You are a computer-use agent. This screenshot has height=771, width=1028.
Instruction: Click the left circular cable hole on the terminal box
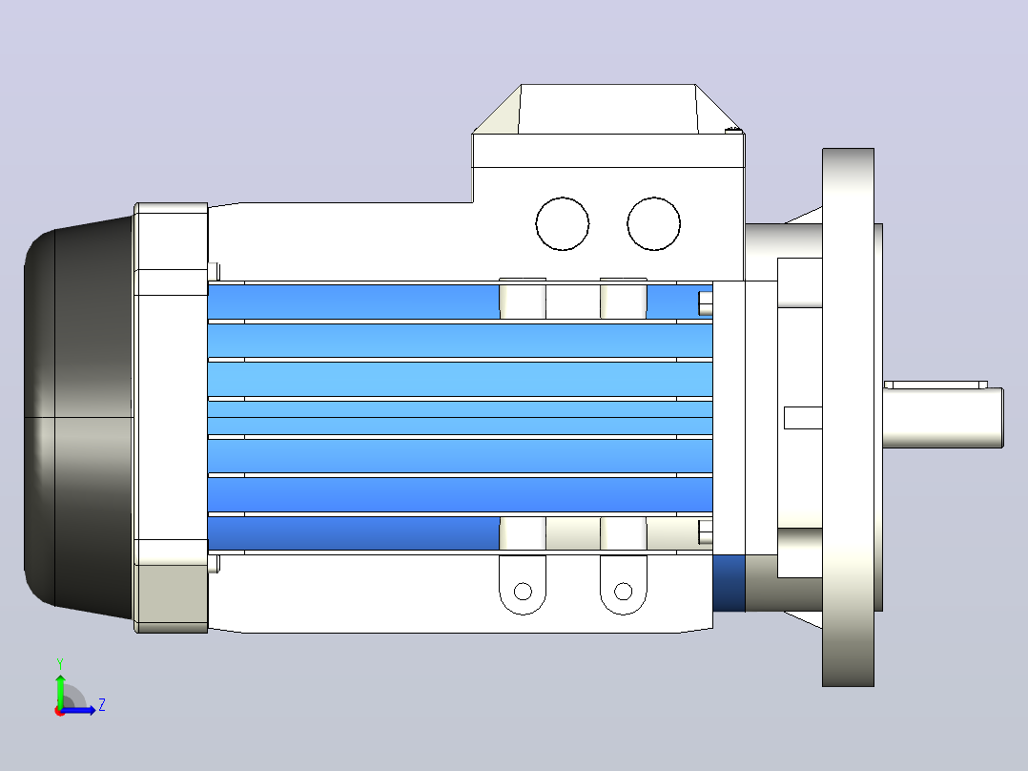point(562,223)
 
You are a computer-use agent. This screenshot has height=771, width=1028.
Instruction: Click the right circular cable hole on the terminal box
point(653,223)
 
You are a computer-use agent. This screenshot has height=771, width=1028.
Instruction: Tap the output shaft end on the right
point(943,418)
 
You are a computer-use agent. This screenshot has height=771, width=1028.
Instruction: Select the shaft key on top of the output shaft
point(935,385)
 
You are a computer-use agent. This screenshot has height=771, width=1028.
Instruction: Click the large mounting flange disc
point(848,417)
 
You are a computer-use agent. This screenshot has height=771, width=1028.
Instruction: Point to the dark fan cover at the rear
point(78,417)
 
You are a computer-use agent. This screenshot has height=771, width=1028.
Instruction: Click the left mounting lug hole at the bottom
point(523,592)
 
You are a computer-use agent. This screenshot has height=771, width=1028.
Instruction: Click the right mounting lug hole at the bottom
point(623,592)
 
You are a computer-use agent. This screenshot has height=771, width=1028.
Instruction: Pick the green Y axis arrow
point(60,690)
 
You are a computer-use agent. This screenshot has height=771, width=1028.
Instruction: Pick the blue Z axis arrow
point(78,710)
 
